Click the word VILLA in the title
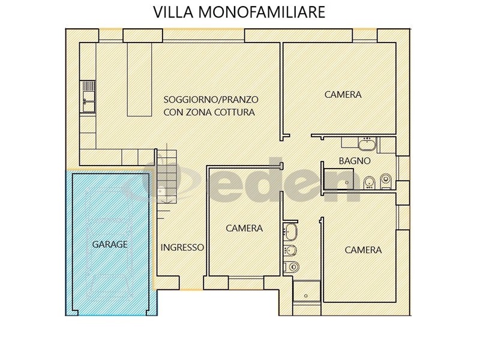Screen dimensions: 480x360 (173, 12)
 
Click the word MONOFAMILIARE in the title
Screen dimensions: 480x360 (262, 12)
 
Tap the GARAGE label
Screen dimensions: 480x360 (110, 244)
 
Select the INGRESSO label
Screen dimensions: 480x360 (182, 247)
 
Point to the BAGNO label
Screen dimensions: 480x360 (355, 161)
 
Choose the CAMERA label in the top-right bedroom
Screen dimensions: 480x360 (343, 94)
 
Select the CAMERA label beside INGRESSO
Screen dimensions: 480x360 (244, 228)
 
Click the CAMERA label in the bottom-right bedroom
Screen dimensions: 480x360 (363, 250)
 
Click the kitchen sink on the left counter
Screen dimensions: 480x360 (88, 97)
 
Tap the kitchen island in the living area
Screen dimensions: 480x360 (140, 79)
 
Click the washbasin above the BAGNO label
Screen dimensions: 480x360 (367, 143)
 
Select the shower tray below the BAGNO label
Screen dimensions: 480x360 (340, 178)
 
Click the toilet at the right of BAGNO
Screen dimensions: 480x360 (385, 181)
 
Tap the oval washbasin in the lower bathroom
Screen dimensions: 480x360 (290, 232)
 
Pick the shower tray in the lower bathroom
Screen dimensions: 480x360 (307, 290)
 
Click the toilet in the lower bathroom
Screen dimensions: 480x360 (291, 267)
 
